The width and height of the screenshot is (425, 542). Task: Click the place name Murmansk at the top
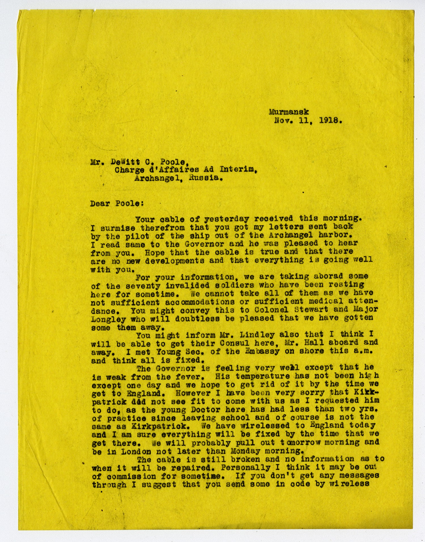[x=289, y=112]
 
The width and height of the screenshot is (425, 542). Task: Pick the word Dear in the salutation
[x=100, y=204]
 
